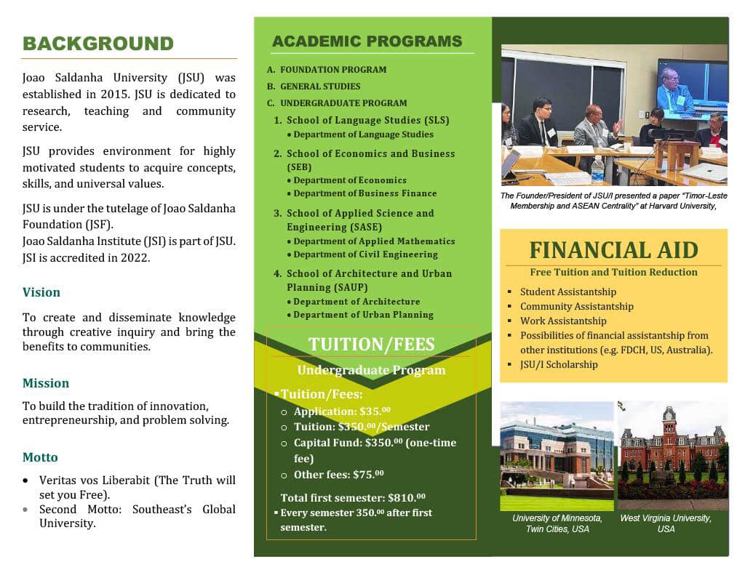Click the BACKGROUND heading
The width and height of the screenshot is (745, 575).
[98, 44]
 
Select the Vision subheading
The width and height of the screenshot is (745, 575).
[41, 292]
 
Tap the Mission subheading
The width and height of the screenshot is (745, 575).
[46, 383]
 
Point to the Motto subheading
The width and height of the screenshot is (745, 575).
[40, 457]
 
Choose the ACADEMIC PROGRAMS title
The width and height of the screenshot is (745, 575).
[367, 41]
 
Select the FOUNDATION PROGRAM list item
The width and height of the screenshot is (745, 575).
[333, 70]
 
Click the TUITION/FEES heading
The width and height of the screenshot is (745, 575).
[371, 344]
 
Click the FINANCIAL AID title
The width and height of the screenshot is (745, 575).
[613, 250]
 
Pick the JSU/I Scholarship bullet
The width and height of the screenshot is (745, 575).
[558, 364]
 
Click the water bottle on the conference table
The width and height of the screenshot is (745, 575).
[597, 170]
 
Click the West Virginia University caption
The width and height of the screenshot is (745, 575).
[666, 523]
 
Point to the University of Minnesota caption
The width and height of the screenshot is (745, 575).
[557, 523]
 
